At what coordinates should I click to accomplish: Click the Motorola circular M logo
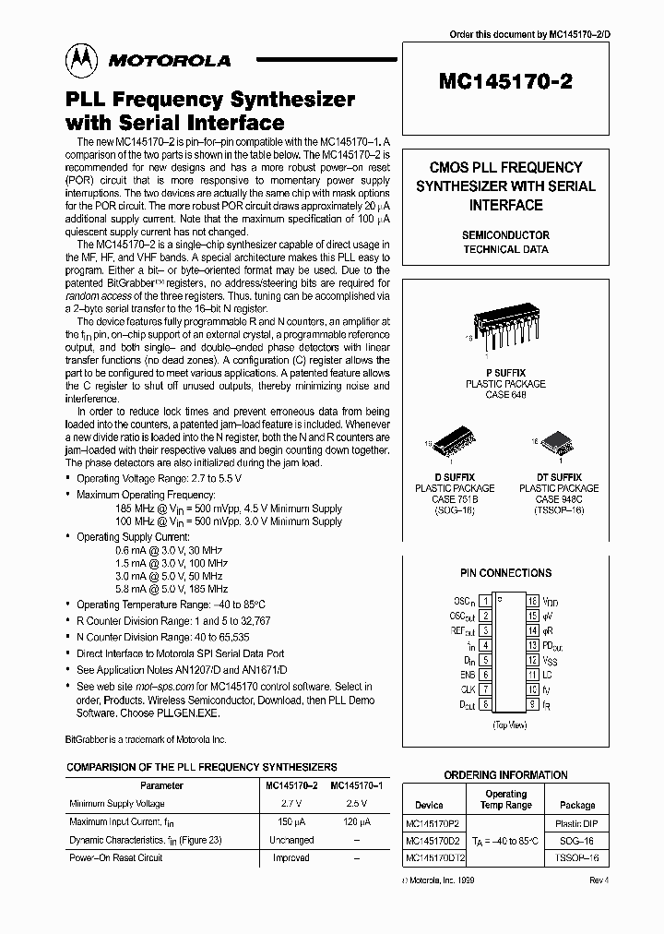coord(80,61)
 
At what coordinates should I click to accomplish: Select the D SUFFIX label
coord(454,477)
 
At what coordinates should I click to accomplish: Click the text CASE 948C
coord(551,499)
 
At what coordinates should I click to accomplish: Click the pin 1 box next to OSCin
coord(485,601)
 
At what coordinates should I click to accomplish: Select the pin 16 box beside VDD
coord(532,601)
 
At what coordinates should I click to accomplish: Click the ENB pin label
coord(468,675)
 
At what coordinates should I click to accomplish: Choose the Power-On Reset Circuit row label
coord(116,857)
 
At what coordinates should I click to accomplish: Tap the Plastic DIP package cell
coord(577,823)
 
